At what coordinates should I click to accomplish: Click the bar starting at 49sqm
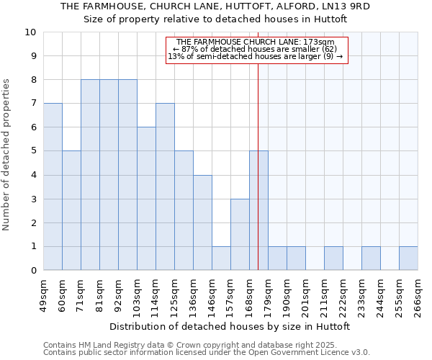[53, 186]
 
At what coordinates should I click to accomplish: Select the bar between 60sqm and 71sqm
[71, 210]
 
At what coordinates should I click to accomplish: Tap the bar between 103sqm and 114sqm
[146, 199]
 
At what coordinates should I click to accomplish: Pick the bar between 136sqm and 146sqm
[202, 222]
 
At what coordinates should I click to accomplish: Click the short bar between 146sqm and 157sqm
[221, 258]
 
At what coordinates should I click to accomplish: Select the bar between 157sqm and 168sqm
[240, 234]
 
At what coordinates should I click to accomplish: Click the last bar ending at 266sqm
[408, 258]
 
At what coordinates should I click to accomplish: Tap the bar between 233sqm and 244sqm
[371, 258]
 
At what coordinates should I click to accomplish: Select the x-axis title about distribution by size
[230, 326]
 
